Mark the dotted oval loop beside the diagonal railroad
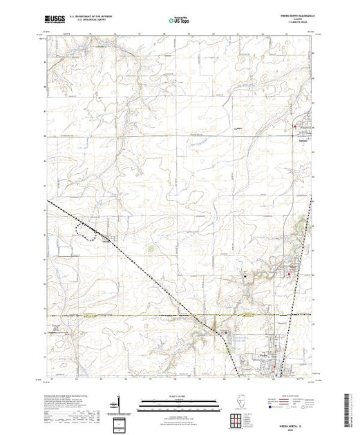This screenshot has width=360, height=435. [87, 232]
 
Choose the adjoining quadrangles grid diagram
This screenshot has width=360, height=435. [237, 419]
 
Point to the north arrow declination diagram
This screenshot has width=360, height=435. [120, 404]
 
